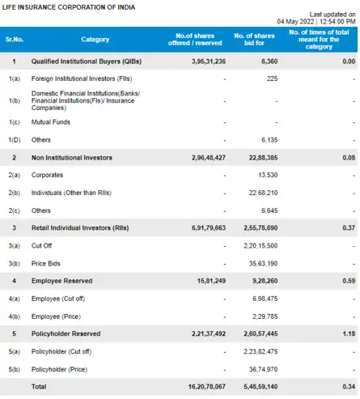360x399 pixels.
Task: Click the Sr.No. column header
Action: [x=13, y=39]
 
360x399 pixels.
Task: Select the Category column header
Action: [x=95, y=39]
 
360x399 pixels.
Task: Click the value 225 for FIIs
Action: [x=272, y=79]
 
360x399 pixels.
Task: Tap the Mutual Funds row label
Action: [x=50, y=121]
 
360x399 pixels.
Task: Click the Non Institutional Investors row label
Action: [x=72, y=157]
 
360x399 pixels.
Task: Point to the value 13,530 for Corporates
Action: [x=266, y=174]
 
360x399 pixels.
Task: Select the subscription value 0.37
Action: [x=349, y=229]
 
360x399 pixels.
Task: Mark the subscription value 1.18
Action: [x=349, y=332]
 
